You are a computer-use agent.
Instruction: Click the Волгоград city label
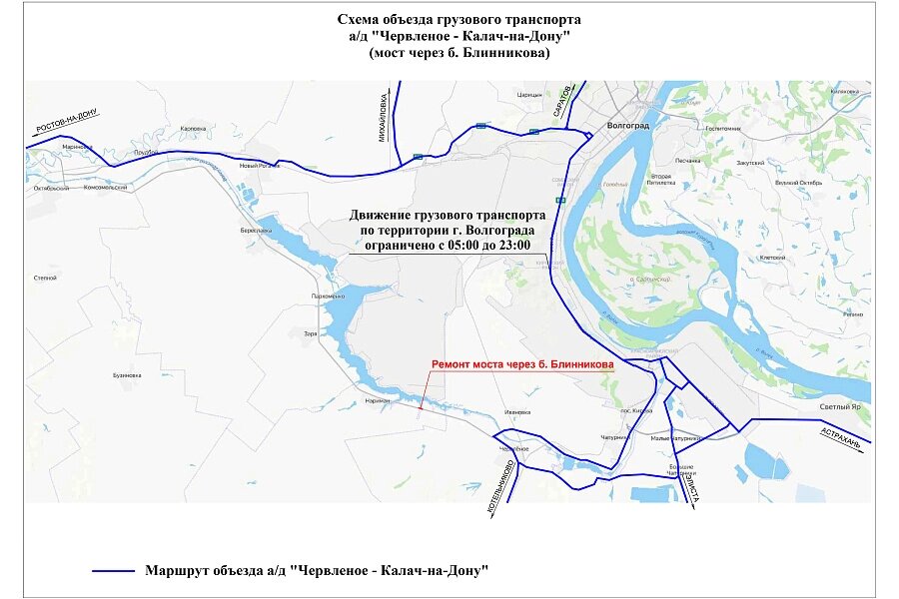[628, 126]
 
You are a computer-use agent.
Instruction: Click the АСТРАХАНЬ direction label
[841, 437]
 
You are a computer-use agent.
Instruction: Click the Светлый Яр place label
[841, 407]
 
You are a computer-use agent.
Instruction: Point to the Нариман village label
[376, 398]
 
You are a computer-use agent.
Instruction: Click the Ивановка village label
[516, 410]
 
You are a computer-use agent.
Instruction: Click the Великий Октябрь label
[797, 183]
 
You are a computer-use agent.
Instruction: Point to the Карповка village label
[192, 129]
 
